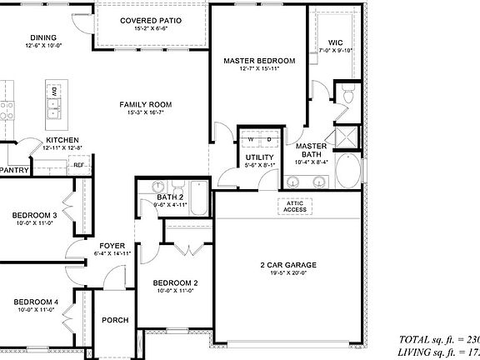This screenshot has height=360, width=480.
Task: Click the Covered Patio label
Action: click(x=151, y=21)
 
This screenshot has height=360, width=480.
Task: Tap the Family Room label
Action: click(x=145, y=105)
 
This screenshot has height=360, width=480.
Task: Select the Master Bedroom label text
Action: click(x=259, y=62)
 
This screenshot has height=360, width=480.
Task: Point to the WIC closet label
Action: click(x=336, y=42)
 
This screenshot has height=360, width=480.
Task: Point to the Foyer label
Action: click(x=112, y=246)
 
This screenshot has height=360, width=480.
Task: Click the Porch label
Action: click(x=115, y=320)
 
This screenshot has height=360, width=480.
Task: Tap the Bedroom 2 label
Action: click(x=175, y=284)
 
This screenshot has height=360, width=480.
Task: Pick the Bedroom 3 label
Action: click(x=34, y=216)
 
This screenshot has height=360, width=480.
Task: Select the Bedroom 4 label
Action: click(x=34, y=302)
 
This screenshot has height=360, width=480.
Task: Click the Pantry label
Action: click(x=14, y=170)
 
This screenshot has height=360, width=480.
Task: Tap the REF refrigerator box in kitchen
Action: click(x=78, y=165)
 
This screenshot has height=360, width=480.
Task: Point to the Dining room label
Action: click(x=43, y=37)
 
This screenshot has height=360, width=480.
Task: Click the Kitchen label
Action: click(x=62, y=140)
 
